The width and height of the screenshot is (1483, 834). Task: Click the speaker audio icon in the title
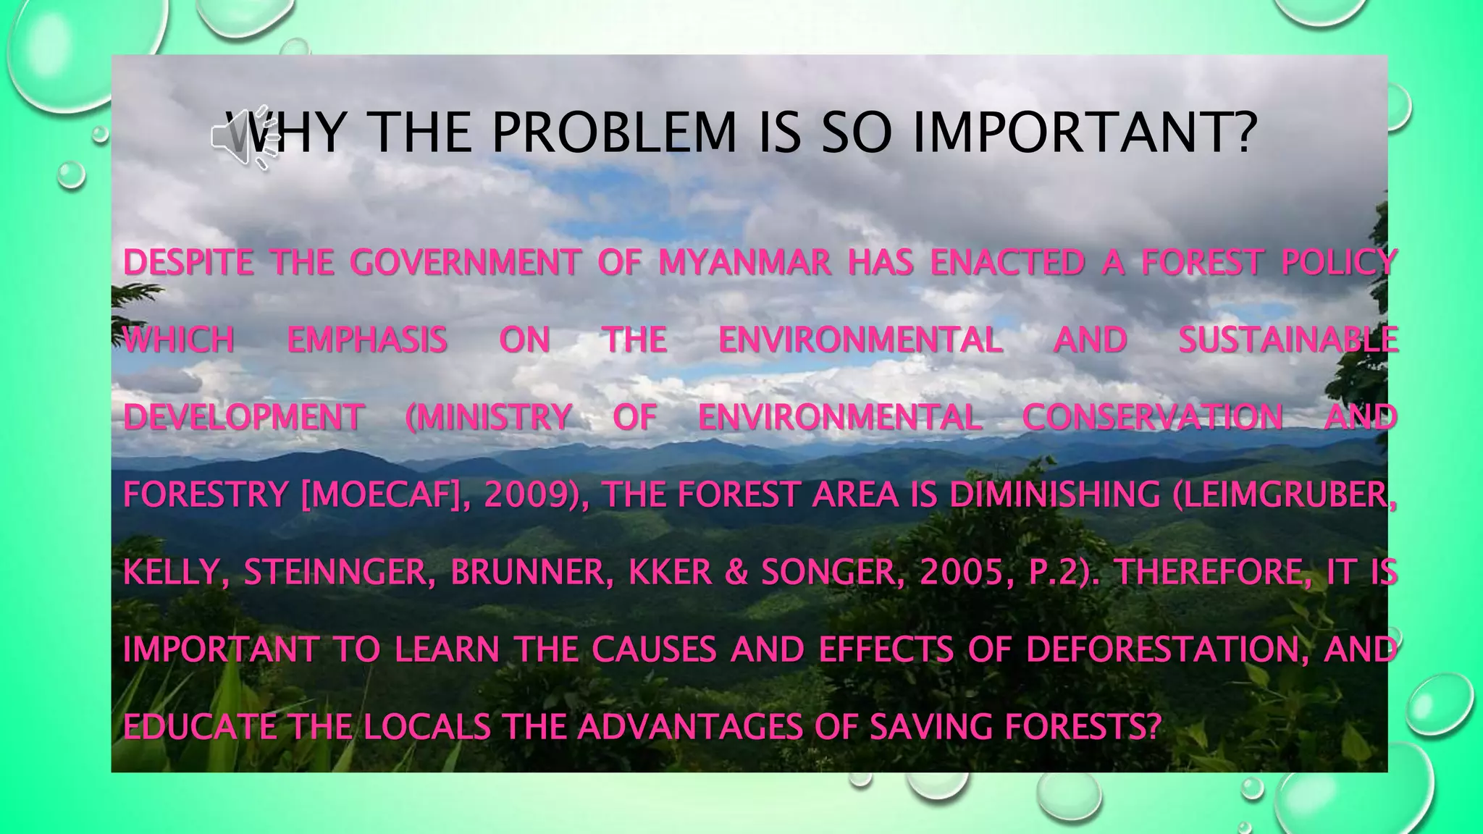pyautogui.click(x=245, y=136)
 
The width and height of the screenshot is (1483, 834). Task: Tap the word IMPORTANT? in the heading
pyautogui.click(x=1085, y=133)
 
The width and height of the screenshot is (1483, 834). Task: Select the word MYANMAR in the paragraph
pyautogui.click(x=744, y=262)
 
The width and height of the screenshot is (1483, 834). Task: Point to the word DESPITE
pyautogui.click(x=188, y=262)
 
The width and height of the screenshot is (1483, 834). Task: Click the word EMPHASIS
pyautogui.click(x=367, y=340)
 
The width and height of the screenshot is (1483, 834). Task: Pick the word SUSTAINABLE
pyautogui.click(x=1288, y=340)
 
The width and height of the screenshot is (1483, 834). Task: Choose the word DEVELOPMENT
pyautogui.click(x=243, y=417)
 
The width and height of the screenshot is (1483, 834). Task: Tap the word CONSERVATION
pyautogui.click(x=1152, y=417)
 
